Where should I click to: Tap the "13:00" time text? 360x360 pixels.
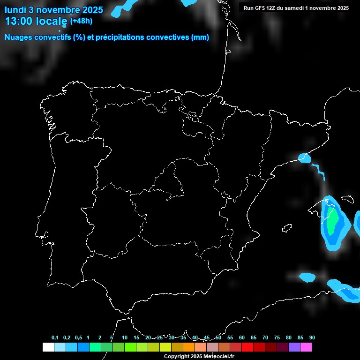tap(18, 21)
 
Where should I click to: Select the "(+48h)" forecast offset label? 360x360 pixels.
tap(81, 21)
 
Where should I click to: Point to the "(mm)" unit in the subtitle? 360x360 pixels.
tap(200, 37)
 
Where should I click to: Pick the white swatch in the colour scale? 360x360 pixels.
tap(48, 347)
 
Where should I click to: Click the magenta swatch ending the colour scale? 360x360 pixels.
tap(306, 347)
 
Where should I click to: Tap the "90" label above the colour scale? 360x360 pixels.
tap(312, 338)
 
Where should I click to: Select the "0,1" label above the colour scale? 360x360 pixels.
tap(55, 338)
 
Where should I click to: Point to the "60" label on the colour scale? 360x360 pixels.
tap(242, 338)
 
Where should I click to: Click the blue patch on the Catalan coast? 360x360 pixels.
tap(305, 157)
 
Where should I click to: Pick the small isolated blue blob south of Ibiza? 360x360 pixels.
tap(307, 277)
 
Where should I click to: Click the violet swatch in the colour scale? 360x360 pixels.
tap(294, 347)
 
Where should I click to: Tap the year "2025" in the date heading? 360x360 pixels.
tap(92, 10)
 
